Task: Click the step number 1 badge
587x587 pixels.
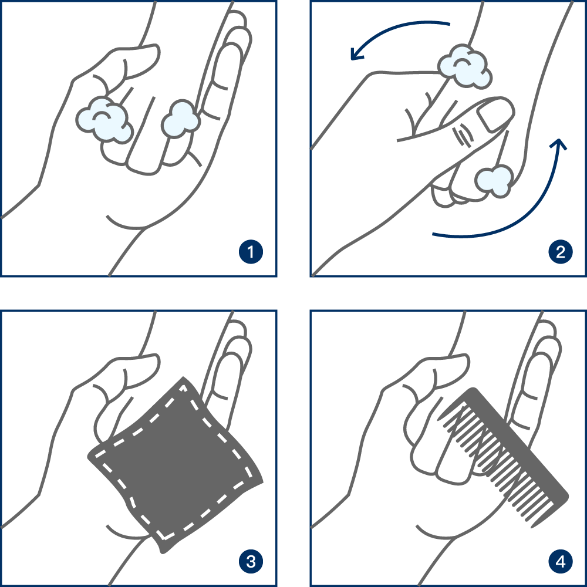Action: (x=251, y=252)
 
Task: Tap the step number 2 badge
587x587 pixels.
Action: (x=561, y=252)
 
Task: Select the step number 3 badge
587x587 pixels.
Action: (x=251, y=562)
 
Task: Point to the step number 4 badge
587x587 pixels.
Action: (x=561, y=562)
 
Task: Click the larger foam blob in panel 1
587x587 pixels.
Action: (x=105, y=120)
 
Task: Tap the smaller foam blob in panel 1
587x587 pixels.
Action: (x=180, y=119)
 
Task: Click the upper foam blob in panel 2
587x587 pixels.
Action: (x=464, y=68)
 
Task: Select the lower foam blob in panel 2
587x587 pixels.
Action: (x=494, y=181)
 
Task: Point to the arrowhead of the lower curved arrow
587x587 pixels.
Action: (x=559, y=144)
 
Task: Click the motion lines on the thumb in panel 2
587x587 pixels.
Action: (x=464, y=135)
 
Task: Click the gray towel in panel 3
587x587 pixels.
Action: (x=176, y=464)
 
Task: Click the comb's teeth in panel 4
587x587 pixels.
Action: (x=494, y=464)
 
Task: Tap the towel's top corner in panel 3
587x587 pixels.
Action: (x=183, y=377)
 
